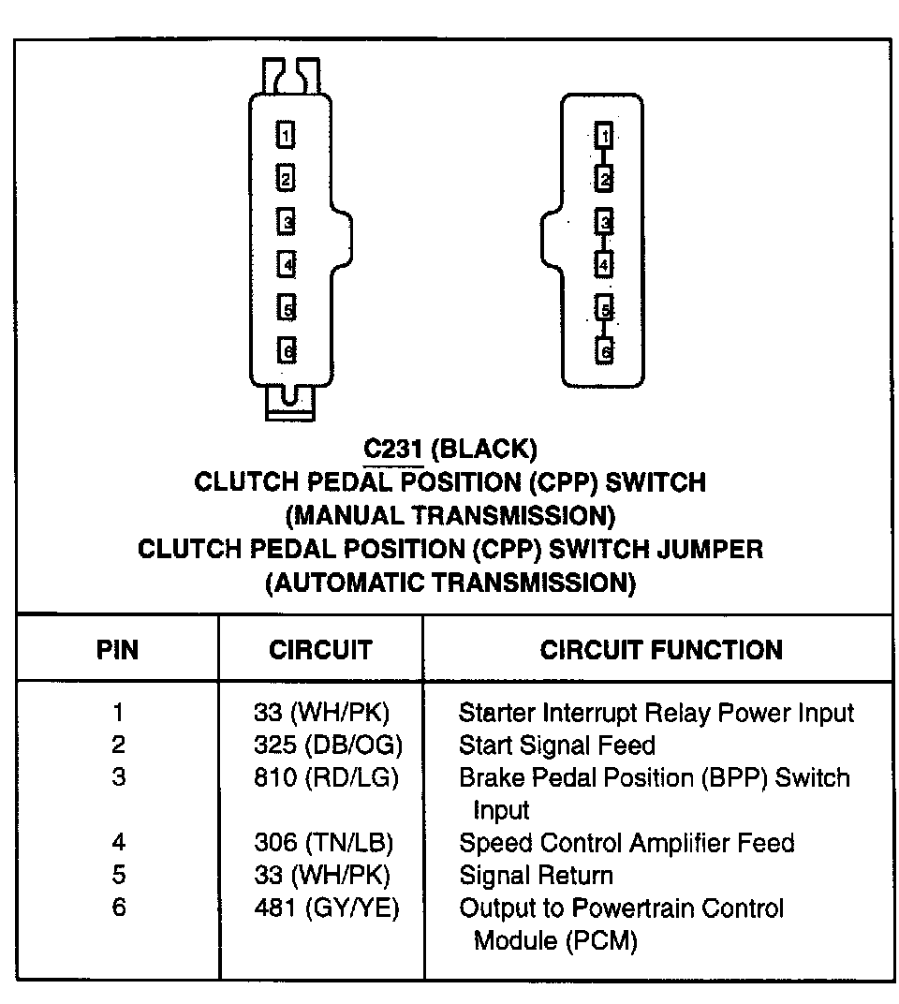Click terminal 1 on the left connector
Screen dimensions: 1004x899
(286, 135)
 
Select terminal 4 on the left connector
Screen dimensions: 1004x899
(286, 264)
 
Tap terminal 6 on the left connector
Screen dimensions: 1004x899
(286, 350)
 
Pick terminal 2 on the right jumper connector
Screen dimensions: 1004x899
(605, 178)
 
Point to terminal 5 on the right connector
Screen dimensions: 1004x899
(605, 309)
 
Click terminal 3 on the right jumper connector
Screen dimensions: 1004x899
(605, 222)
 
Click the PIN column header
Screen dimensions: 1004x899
(118, 650)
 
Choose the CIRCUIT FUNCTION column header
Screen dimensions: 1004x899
(661, 650)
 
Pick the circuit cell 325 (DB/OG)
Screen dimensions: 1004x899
(327, 746)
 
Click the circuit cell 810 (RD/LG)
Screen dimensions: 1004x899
(326, 777)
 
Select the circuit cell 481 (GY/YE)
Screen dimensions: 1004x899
(326, 908)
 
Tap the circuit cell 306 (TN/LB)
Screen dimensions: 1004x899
(324, 843)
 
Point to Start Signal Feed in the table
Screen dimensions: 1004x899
(556, 746)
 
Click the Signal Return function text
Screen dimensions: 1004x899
(536, 876)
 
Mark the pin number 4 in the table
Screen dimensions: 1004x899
(118, 843)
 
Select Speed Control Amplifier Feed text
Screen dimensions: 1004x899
(626, 843)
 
